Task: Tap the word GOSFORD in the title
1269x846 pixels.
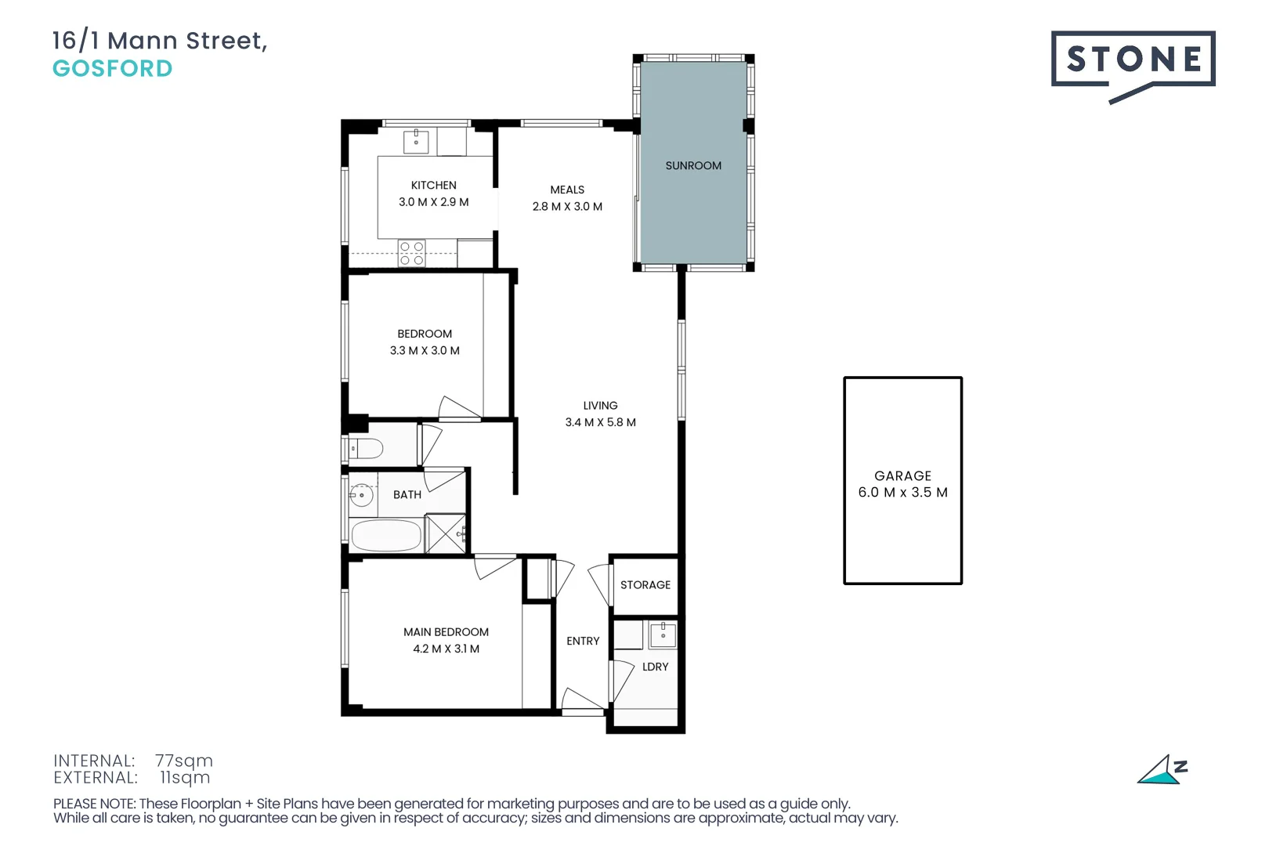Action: click(113, 69)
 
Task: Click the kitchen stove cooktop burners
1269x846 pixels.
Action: click(411, 253)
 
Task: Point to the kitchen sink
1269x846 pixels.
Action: click(416, 141)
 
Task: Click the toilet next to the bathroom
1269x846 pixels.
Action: click(365, 449)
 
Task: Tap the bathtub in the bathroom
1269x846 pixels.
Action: click(386, 537)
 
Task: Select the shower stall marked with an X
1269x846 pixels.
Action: click(446, 534)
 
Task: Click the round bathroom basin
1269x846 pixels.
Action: click(361, 495)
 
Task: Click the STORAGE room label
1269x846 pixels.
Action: click(645, 585)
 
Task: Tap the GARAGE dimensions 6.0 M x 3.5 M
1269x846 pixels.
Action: click(902, 493)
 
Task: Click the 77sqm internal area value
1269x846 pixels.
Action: click(184, 761)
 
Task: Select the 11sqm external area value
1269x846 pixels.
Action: click(185, 778)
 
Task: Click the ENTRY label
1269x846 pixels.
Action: click(583, 641)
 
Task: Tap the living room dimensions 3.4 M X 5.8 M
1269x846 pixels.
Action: click(600, 422)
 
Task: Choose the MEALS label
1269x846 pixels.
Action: click(567, 190)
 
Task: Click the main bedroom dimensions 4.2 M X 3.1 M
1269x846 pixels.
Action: click(446, 649)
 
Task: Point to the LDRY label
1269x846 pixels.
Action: click(655, 667)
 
